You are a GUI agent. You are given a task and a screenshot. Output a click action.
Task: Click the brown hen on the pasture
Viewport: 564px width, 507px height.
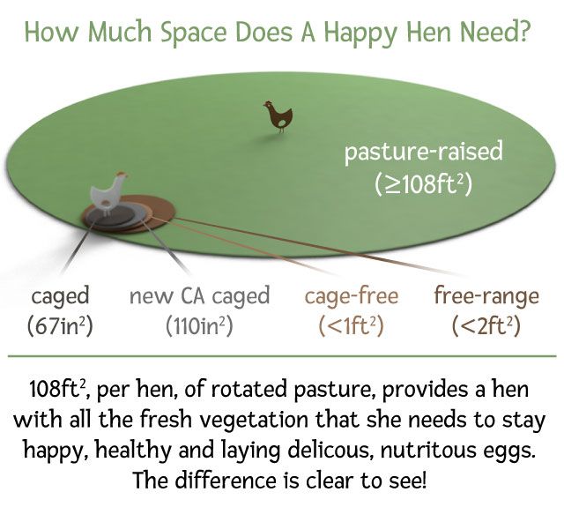pos(278,116)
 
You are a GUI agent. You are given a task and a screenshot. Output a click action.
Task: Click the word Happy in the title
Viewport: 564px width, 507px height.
pos(360,33)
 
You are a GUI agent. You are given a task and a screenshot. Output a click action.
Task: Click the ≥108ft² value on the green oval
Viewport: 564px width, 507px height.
pos(423,184)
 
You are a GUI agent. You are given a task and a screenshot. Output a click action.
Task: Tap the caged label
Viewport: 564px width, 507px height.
pos(60,297)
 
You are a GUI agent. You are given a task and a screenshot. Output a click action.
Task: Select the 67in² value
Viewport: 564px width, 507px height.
pos(60,326)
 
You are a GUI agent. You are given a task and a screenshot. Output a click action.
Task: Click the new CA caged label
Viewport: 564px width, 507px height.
pos(200,296)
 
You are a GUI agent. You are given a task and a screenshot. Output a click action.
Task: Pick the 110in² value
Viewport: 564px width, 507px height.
pos(200,326)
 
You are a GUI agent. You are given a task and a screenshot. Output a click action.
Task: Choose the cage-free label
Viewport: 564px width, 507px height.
pos(352,296)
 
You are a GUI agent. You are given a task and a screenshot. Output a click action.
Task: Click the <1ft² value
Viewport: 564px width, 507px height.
pos(352,326)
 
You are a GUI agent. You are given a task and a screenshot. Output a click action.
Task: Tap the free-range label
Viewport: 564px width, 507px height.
pos(486,296)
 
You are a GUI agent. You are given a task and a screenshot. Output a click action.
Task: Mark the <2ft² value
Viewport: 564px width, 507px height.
pos(486,326)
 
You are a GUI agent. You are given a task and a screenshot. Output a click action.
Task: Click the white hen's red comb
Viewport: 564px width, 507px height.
pos(122,174)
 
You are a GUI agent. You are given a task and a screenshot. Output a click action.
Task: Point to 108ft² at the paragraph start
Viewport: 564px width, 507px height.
pos(58,390)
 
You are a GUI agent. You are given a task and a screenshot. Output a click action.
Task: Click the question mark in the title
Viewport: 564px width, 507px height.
pos(523,32)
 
